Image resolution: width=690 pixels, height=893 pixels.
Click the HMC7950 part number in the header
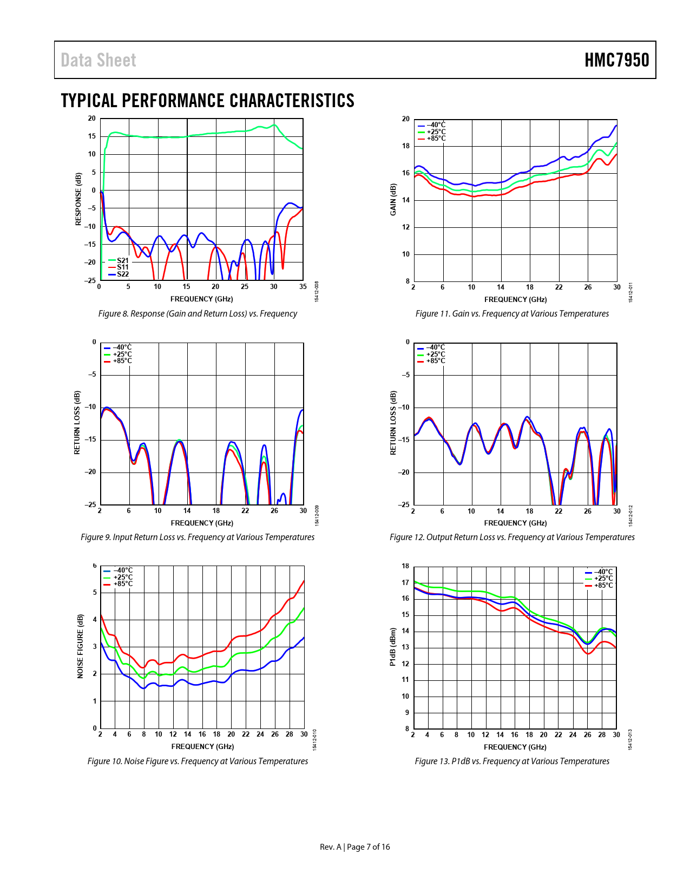(616, 60)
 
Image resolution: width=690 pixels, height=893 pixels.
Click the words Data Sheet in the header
(98, 60)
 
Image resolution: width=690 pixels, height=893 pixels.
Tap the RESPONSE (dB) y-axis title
(78, 199)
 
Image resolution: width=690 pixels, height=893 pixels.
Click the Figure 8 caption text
(198, 314)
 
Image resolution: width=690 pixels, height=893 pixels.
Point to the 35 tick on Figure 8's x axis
(303, 287)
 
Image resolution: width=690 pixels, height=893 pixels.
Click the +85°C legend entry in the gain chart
(436, 139)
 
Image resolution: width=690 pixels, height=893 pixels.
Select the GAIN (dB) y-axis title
(393, 199)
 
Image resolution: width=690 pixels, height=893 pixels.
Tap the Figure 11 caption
(512, 314)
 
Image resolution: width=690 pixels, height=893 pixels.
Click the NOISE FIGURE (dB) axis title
(81, 646)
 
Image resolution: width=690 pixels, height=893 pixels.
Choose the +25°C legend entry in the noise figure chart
(122, 577)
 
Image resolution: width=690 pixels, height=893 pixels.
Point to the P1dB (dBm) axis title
(393, 647)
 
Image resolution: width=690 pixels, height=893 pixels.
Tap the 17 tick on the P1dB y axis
(405, 583)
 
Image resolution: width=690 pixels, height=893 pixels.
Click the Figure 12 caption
(512, 537)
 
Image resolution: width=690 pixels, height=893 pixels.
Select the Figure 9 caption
(198, 537)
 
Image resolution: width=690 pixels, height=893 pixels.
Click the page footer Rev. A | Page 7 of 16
(354, 847)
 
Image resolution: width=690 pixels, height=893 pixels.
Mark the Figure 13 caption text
(512, 761)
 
